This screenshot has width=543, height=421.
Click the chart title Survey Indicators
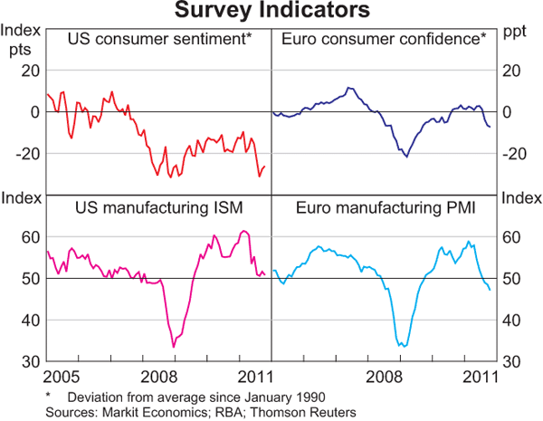pyautogui.click(x=271, y=11)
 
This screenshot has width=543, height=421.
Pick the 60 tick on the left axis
pyautogui.click(x=30, y=237)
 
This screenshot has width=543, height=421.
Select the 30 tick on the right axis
pyautogui.click(x=512, y=361)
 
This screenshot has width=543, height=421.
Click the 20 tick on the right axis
pyautogui.click(x=512, y=71)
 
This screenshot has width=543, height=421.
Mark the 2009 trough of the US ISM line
pyautogui.click(x=174, y=347)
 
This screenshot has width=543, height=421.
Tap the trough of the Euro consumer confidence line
pyautogui.click(x=406, y=157)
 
